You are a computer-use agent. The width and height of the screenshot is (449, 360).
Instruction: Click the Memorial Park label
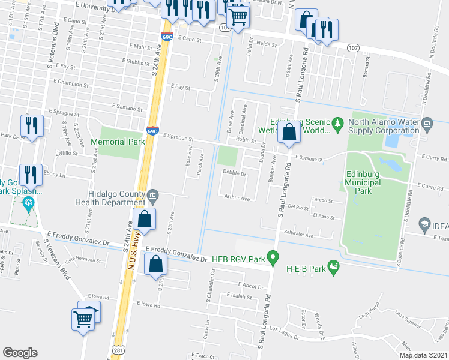(x=118, y=142)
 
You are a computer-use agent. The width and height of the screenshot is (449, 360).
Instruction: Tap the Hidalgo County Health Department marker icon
(x=153, y=194)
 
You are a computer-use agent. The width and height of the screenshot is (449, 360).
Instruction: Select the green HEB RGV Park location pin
(x=273, y=259)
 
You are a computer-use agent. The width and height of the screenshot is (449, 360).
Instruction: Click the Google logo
(x=20, y=353)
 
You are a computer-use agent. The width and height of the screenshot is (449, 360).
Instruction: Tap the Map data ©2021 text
(x=424, y=355)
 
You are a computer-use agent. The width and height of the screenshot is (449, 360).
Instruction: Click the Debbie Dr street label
(x=235, y=173)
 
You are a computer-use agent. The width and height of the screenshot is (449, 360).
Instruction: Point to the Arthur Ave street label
(x=237, y=197)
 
